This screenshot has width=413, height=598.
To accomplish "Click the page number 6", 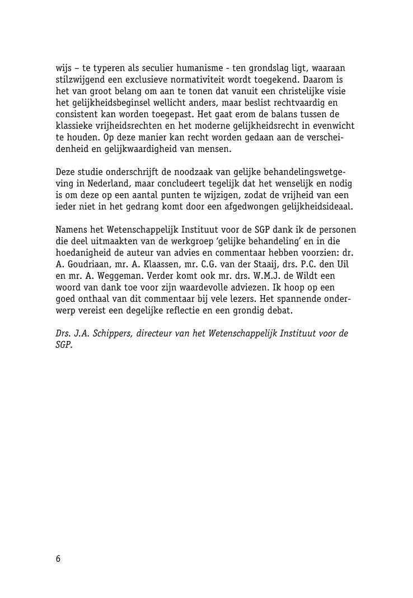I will click(x=58, y=559).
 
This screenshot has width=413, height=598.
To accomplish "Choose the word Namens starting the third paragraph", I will click(x=71, y=230).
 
